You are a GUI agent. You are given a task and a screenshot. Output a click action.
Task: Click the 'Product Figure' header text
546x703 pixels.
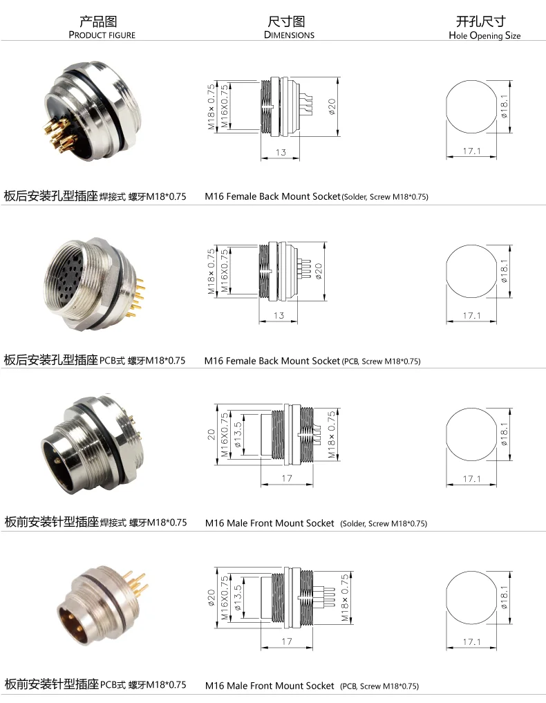(102, 35)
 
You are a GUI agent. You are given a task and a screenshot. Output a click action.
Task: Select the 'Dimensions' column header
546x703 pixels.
(289, 35)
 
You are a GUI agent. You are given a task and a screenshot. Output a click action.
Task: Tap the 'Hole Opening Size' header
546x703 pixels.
(484, 35)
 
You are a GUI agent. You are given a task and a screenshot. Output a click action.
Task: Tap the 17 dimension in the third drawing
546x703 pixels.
(287, 478)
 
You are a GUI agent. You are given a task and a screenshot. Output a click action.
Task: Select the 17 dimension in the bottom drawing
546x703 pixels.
(287, 641)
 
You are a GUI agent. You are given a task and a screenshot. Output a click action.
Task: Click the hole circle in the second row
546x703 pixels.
(471, 276)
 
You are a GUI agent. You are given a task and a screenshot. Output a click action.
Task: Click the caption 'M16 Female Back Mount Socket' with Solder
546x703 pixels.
(273, 196)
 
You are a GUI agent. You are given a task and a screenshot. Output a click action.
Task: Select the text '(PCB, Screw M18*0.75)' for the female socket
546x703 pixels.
(382, 361)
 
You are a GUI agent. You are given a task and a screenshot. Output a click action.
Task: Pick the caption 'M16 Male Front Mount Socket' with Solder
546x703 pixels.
(270, 523)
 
